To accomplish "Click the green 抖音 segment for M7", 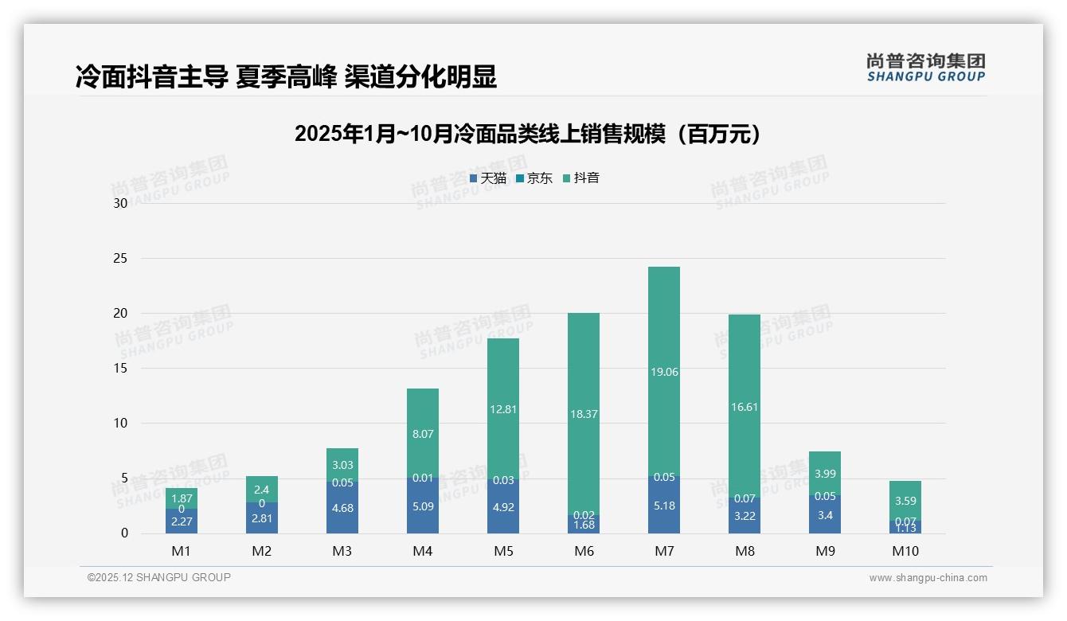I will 663,334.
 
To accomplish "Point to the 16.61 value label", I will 744,407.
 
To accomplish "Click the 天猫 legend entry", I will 488,178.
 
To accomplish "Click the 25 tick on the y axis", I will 120,258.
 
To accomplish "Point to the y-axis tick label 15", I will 120,368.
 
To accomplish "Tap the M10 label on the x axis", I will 905,551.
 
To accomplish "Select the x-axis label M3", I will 342,551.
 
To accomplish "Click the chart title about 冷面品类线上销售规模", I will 527,134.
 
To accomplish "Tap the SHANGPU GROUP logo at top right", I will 925,68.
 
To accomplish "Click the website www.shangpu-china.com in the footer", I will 928,578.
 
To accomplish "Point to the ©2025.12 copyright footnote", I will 159,577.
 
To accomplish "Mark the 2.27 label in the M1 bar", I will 182,522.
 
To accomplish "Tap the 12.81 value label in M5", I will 503,410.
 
